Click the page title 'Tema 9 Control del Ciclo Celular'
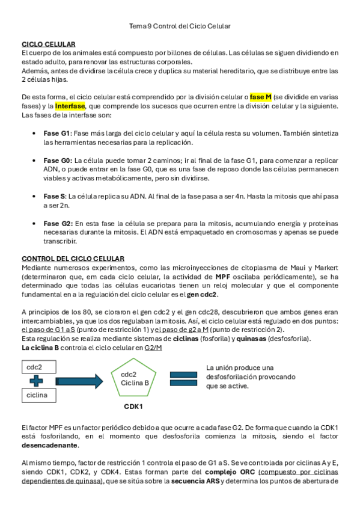180,26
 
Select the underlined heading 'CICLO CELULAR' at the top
48,45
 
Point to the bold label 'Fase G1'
57,133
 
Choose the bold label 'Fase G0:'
58,161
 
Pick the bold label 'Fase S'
55,196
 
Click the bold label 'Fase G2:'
58,223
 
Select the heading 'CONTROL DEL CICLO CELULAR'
73,258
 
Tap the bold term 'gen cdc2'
202,294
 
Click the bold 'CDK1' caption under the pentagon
133,407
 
